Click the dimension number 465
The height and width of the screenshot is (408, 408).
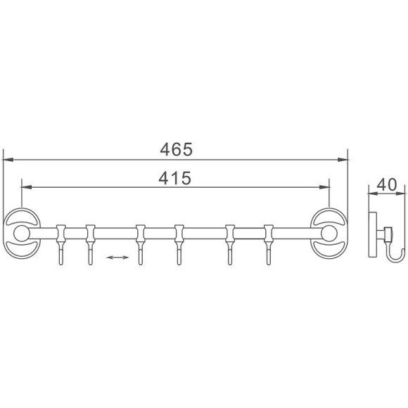click(176, 149)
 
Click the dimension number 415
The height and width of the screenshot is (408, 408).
click(175, 178)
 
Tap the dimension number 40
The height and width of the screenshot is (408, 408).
click(387, 184)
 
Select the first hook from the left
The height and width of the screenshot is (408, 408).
click(61, 245)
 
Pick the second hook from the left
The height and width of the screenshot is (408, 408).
click(90, 245)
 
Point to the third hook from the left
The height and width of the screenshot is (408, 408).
click(140, 245)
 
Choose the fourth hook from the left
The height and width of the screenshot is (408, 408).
click(179, 245)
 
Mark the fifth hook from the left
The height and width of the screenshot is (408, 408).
click(230, 245)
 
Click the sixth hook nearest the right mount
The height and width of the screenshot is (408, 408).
click(269, 245)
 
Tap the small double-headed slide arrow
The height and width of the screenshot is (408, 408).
click(117, 257)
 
